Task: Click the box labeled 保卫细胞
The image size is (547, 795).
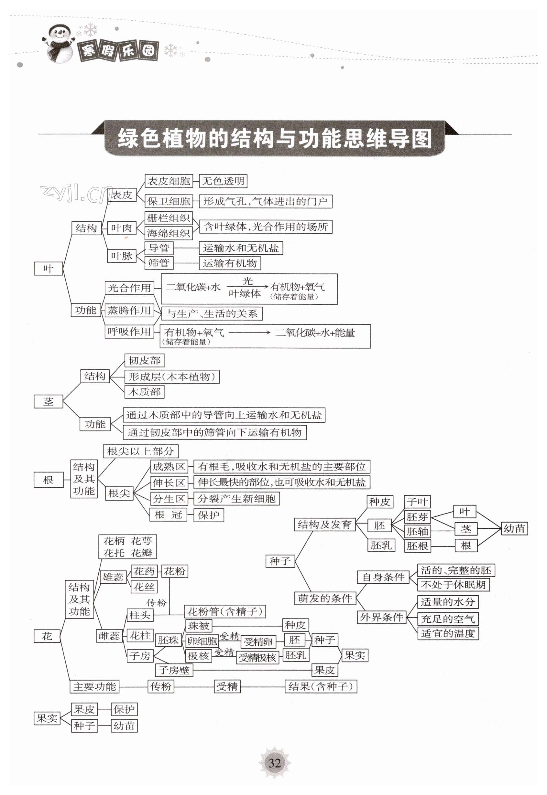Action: point(168,201)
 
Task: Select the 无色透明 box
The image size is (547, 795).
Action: point(223,181)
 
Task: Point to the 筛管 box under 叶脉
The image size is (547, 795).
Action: point(159,263)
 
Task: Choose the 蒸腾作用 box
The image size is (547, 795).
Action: point(129,310)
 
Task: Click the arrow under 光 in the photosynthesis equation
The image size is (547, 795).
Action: point(247,287)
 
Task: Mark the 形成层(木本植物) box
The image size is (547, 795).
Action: point(172,376)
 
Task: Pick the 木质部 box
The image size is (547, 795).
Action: point(144,392)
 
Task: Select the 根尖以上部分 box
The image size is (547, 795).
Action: point(140,451)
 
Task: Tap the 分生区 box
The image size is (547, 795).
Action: point(169,499)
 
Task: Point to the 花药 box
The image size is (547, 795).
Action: point(144,571)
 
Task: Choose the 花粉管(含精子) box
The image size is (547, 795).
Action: point(225,611)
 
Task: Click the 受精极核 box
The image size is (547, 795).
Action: point(257,657)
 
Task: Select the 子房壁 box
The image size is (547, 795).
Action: point(174,670)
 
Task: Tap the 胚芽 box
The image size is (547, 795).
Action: point(417,517)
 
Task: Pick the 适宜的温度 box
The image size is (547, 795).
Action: point(448,633)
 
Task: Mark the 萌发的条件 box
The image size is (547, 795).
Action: point(325,598)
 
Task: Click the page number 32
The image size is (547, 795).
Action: point(275,763)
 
